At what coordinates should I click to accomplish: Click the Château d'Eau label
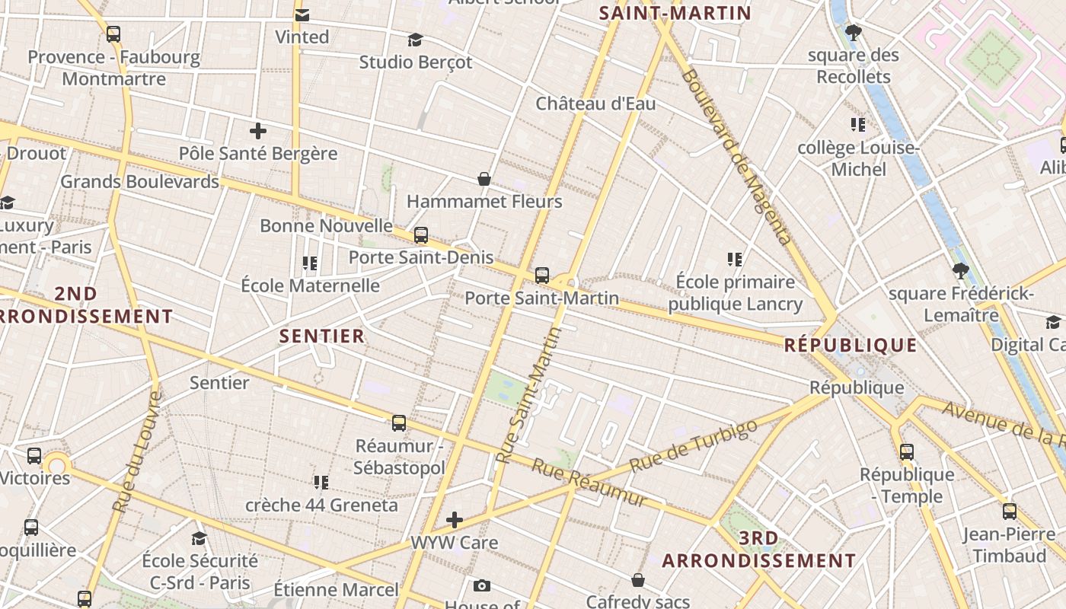tap(595, 104)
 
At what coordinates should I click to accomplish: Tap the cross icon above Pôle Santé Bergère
tap(258, 131)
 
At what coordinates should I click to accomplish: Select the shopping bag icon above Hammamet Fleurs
tap(484, 179)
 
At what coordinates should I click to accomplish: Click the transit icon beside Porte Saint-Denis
tap(421, 235)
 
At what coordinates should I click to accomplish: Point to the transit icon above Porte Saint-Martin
tap(542, 276)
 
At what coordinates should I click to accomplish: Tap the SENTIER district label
tap(322, 336)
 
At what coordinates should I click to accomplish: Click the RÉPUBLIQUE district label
tap(851, 345)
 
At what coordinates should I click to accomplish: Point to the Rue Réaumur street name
tap(589, 482)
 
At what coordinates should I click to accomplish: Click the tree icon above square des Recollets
tap(853, 33)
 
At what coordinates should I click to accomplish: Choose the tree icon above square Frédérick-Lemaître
tap(961, 271)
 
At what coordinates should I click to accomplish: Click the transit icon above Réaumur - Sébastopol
tap(399, 423)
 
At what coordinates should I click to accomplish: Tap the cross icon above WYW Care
tap(455, 521)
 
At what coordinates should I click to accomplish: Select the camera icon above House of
tap(481, 585)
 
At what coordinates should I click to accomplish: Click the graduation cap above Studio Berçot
tap(415, 40)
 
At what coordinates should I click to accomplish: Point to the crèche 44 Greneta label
tap(321, 505)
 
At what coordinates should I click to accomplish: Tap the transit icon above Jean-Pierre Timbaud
tap(1010, 512)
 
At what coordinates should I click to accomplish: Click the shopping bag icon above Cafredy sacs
tap(638, 581)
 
